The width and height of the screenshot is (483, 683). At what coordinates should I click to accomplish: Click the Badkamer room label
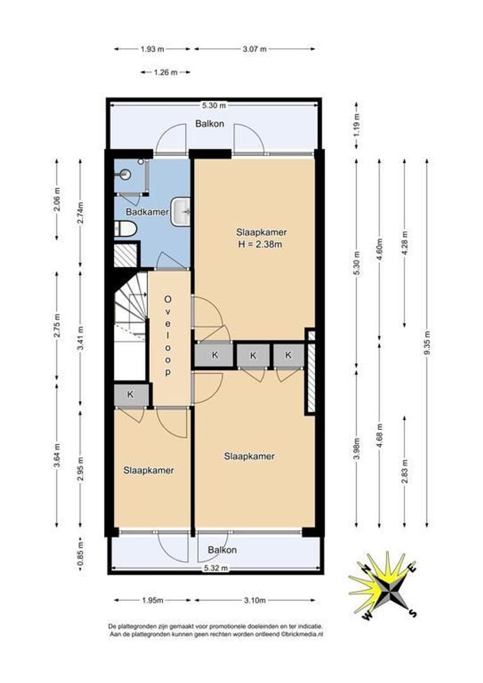point(147,212)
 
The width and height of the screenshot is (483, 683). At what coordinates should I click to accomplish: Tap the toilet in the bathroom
point(125,229)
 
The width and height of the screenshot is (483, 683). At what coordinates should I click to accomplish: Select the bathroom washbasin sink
point(180,212)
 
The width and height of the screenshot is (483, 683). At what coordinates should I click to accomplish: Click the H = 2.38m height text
point(260,244)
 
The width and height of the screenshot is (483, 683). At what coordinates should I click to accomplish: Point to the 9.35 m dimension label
point(427,343)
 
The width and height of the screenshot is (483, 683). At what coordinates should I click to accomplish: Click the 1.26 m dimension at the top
point(166,72)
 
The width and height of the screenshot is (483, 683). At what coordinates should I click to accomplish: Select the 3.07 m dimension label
point(254,49)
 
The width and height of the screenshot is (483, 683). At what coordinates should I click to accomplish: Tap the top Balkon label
point(209,124)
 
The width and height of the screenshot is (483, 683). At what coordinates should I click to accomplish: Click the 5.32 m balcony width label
point(216,568)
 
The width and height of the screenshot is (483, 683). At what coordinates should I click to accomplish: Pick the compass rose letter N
point(367,568)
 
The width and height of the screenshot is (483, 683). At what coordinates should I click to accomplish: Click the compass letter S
point(412,613)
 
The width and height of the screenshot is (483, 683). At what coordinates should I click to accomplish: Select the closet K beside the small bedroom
point(130,395)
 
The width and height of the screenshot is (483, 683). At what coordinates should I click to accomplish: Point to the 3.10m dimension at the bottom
point(255,600)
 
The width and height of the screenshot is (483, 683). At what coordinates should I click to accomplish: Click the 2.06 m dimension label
point(57,199)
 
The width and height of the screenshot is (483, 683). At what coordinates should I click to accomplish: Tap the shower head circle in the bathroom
point(125,175)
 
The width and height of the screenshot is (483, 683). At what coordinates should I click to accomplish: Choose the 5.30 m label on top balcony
point(214,105)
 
